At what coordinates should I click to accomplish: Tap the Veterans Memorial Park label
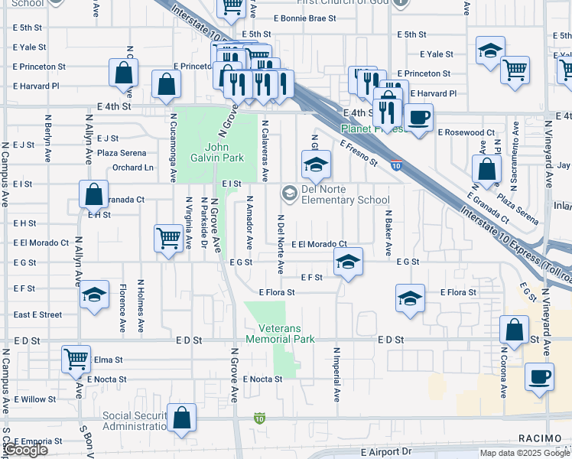pos(280,334)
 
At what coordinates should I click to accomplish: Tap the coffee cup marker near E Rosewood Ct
pos(418,118)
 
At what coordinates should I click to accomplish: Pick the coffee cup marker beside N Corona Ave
pos(539,377)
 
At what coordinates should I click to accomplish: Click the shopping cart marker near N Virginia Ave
pos(168,237)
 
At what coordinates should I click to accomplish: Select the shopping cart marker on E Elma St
pos(76,358)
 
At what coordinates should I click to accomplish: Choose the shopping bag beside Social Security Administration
pos(182,418)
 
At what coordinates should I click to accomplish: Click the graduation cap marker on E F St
pos(347,263)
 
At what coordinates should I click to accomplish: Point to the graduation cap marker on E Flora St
pos(410,298)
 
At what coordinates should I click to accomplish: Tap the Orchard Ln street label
pos(133,168)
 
